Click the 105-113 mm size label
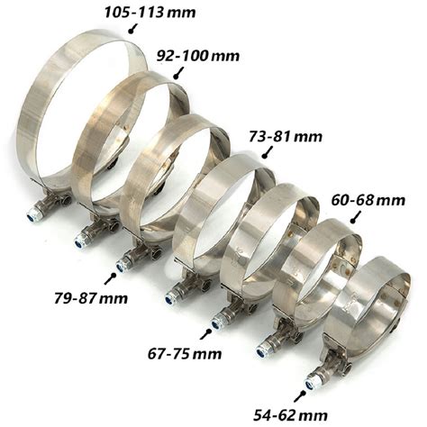(x=150, y=13)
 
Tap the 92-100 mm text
(x=198, y=56)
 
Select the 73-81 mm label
(x=286, y=137)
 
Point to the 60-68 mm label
(x=368, y=200)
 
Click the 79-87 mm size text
(x=91, y=298)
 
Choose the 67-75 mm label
(x=185, y=354)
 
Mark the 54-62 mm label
(x=290, y=416)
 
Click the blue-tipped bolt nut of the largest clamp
(x=32, y=215)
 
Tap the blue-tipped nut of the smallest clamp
(x=310, y=384)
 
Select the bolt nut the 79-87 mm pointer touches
(x=122, y=265)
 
